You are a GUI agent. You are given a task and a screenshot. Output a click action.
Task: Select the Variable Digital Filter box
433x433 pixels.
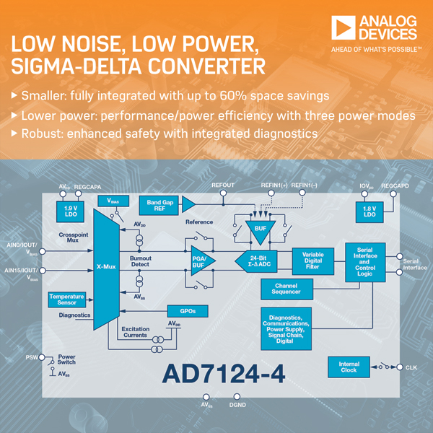pyautogui.click(x=313, y=260)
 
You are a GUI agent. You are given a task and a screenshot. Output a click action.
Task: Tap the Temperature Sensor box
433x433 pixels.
pyautogui.click(x=67, y=299)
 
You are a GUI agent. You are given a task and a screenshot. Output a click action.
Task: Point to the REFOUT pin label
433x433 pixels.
pyautogui.click(x=223, y=185)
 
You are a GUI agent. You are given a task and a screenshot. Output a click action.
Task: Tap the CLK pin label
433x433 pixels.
pyautogui.click(x=411, y=368)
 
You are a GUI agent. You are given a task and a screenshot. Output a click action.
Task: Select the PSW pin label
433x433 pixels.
pyautogui.click(x=31, y=357)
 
